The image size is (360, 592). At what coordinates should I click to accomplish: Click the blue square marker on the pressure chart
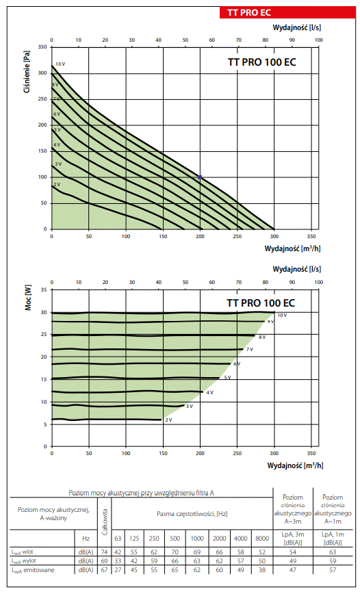click(x=200, y=177)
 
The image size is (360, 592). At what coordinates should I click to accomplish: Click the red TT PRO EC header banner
click(x=287, y=12)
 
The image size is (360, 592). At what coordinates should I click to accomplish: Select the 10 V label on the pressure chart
click(x=60, y=64)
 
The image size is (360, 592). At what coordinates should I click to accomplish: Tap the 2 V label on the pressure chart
click(x=57, y=185)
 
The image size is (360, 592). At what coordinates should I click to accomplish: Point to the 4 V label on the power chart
click(x=209, y=393)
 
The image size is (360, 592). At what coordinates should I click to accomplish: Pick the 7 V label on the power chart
click(x=250, y=350)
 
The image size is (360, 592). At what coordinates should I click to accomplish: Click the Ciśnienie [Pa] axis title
click(x=27, y=72)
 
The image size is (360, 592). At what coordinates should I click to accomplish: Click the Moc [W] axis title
click(x=28, y=298)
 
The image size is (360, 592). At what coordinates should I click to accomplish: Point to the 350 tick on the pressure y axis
click(x=42, y=47)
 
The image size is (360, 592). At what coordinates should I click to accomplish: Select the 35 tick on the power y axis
click(x=44, y=289)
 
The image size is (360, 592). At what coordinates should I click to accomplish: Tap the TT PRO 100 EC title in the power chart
click(x=261, y=303)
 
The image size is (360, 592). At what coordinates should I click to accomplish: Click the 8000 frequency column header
click(x=262, y=539)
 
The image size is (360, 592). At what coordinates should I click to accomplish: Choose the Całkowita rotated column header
click(x=105, y=522)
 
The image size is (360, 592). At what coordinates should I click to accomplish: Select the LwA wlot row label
click(x=23, y=552)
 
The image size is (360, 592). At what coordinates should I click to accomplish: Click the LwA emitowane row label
click(x=33, y=570)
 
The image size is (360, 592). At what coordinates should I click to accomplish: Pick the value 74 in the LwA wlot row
click(x=104, y=552)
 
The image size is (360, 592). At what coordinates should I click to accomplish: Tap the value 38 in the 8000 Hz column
click(x=262, y=570)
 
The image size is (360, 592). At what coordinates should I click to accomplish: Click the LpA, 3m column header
click(x=293, y=539)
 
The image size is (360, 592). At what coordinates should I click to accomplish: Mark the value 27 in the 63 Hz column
click(x=118, y=570)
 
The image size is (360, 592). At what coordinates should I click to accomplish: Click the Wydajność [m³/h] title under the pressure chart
click(x=292, y=248)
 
